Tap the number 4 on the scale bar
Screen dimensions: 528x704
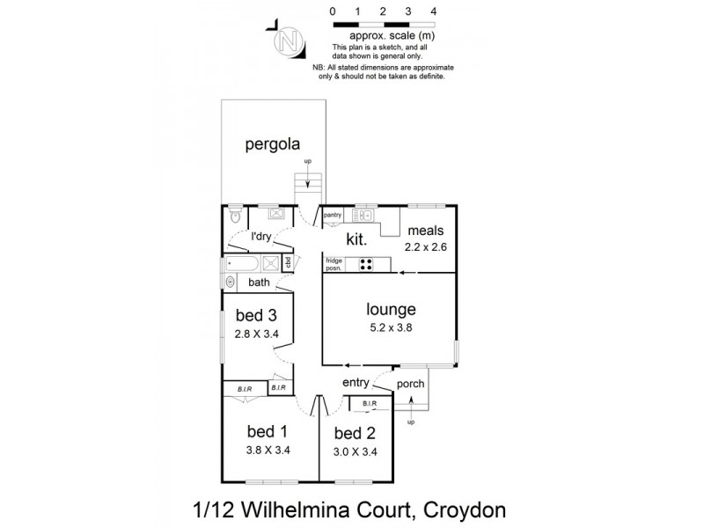(x=434, y=11)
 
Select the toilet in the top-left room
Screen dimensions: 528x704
(x=235, y=213)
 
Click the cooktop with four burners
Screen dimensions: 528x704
(x=364, y=262)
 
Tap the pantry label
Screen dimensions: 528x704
(x=332, y=214)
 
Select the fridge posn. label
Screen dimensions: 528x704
(x=334, y=263)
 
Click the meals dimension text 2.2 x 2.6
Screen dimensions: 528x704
(x=426, y=247)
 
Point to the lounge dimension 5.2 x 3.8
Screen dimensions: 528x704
(x=391, y=326)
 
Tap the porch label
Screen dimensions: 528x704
(x=411, y=384)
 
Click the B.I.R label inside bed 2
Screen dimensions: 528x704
(x=369, y=404)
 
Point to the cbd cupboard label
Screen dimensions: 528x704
(x=288, y=261)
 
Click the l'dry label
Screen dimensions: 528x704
(x=260, y=236)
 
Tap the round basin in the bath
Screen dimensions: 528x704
(x=231, y=282)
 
